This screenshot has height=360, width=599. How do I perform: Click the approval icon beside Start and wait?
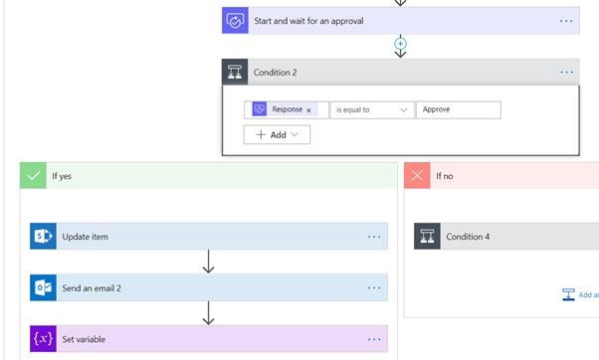click(235, 20)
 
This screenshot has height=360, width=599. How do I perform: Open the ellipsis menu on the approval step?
click(566, 21)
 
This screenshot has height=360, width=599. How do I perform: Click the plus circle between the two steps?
click(401, 44)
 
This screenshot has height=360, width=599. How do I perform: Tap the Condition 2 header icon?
click(235, 72)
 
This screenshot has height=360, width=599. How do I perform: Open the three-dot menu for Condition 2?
click(566, 72)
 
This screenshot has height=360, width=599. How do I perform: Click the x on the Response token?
click(308, 109)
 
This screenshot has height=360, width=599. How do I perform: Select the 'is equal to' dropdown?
click(371, 109)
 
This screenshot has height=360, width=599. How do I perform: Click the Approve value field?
click(458, 109)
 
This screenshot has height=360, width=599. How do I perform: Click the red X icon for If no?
click(417, 175)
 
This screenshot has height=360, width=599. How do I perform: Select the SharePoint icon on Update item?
click(43, 237)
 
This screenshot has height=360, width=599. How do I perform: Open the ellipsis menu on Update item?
click(374, 237)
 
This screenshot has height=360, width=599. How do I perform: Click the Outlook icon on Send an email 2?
click(43, 287)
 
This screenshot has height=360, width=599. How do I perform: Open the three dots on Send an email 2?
click(374, 287)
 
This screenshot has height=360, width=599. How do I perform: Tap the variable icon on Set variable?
click(43, 339)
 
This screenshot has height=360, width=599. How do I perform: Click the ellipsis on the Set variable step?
click(374, 339)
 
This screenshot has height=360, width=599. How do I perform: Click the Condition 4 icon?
click(427, 237)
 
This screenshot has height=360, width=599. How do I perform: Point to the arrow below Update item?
click(208, 263)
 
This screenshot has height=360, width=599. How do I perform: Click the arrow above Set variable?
click(208, 313)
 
